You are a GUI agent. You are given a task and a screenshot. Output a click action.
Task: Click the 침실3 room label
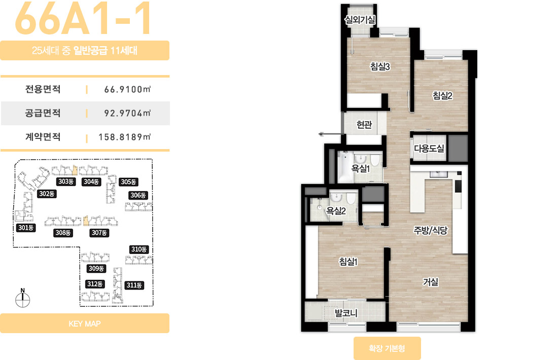(380, 66)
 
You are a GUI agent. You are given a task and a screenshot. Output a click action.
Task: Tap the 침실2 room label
(442, 95)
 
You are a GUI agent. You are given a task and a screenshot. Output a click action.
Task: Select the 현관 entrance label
(364, 125)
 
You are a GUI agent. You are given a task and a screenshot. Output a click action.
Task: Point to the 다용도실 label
(429, 149)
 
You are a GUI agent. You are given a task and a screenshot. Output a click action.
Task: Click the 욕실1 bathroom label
(361, 168)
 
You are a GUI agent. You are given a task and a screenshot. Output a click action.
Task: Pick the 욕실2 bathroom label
(336, 211)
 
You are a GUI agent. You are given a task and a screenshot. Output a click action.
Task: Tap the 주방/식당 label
(430, 231)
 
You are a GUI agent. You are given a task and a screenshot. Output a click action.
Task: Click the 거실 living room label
(430, 282)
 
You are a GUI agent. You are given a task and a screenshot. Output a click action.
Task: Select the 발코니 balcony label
(346, 313)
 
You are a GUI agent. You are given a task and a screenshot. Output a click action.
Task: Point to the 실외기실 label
(360, 20)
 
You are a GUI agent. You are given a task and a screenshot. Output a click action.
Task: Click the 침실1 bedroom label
(348, 262)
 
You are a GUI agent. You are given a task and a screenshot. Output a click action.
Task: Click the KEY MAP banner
(85, 323)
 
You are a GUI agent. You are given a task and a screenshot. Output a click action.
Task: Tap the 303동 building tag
(66, 182)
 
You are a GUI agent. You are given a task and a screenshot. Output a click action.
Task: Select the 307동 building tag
(99, 233)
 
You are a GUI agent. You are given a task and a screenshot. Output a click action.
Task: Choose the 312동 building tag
(95, 284)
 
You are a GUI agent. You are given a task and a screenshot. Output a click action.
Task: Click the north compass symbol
(23, 298)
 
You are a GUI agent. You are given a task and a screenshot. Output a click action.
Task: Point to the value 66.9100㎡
(127, 89)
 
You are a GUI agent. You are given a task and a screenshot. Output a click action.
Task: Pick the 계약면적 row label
(43, 137)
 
